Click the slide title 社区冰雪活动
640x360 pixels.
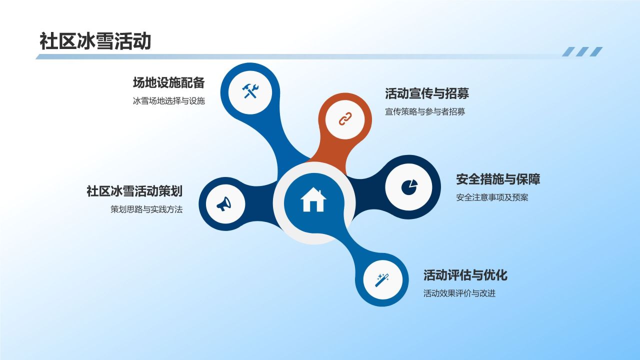95,41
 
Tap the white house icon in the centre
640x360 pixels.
313,199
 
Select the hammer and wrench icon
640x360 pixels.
250,91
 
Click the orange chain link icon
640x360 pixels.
345,119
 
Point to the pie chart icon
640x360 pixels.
409,187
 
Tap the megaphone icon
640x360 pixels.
224,203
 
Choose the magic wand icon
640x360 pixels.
382,280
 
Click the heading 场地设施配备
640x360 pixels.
169,83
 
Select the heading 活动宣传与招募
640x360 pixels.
427,93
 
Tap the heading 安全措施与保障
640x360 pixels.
498,179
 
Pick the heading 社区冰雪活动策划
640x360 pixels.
134,191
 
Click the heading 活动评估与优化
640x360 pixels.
465,275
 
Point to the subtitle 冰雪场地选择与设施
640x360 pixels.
169,101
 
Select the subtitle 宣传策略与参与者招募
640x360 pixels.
425,111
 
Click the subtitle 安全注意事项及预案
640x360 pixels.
492,197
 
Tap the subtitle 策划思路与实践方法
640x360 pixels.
146,209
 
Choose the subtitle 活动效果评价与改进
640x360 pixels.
459,293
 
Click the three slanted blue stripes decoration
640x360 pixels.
582,51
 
